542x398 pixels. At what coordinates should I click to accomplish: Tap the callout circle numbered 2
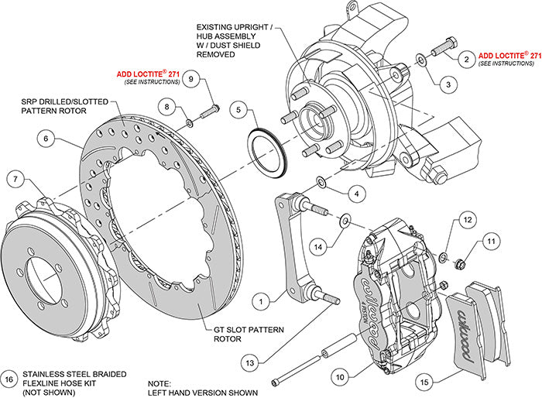(466, 58)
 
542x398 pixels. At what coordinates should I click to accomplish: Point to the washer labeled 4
(320, 182)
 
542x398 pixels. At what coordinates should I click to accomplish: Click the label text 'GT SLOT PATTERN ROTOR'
(234, 334)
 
